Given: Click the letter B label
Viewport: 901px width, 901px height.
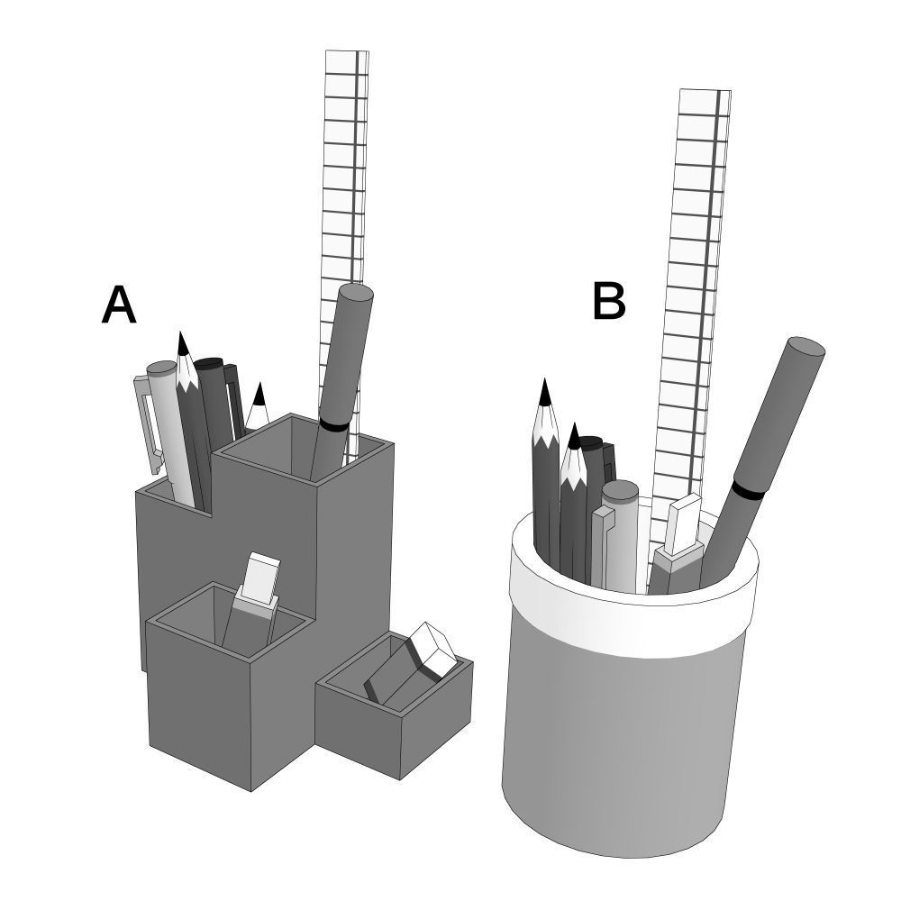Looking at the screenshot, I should pyautogui.click(x=609, y=301).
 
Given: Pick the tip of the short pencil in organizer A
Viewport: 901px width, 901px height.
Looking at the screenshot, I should pyautogui.click(x=259, y=394).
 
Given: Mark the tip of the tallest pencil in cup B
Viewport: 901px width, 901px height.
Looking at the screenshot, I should pyautogui.click(x=544, y=392).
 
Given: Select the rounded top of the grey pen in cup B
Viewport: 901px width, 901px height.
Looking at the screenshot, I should pyautogui.click(x=620, y=492).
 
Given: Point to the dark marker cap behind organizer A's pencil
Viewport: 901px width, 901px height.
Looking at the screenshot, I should pyautogui.click(x=210, y=364).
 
